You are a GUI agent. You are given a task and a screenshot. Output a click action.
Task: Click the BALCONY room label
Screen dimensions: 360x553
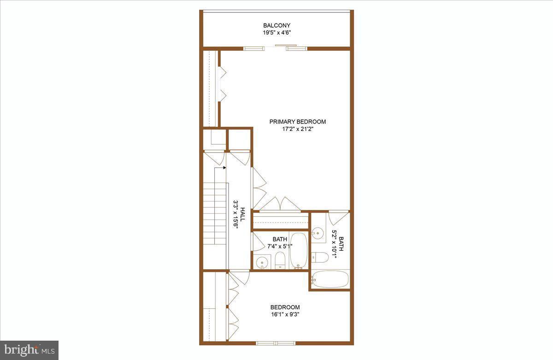tap(276, 25)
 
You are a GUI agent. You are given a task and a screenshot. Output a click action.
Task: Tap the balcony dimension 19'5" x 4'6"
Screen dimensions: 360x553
tap(276, 33)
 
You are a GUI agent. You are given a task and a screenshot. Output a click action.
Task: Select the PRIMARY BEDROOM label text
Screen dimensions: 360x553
tap(298, 122)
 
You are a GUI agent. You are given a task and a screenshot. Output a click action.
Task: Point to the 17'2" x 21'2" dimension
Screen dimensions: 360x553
tap(298, 129)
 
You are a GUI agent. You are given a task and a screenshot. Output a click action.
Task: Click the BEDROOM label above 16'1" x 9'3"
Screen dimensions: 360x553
tap(285, 307)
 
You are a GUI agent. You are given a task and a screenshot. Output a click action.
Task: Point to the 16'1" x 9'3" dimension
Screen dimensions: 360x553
tap(285, 315)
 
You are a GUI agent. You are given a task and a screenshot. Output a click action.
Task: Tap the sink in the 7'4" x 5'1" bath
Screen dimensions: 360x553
tap(262, 262)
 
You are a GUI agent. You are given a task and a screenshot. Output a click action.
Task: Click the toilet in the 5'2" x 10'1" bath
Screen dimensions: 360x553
tap(320, 257)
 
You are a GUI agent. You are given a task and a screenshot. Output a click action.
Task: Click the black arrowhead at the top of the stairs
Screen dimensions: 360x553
tap(224, 168)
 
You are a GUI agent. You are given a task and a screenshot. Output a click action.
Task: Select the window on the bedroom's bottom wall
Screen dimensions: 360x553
tap(275, 342)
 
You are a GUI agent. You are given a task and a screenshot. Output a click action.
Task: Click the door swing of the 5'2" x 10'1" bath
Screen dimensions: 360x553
tap(337, 218)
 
